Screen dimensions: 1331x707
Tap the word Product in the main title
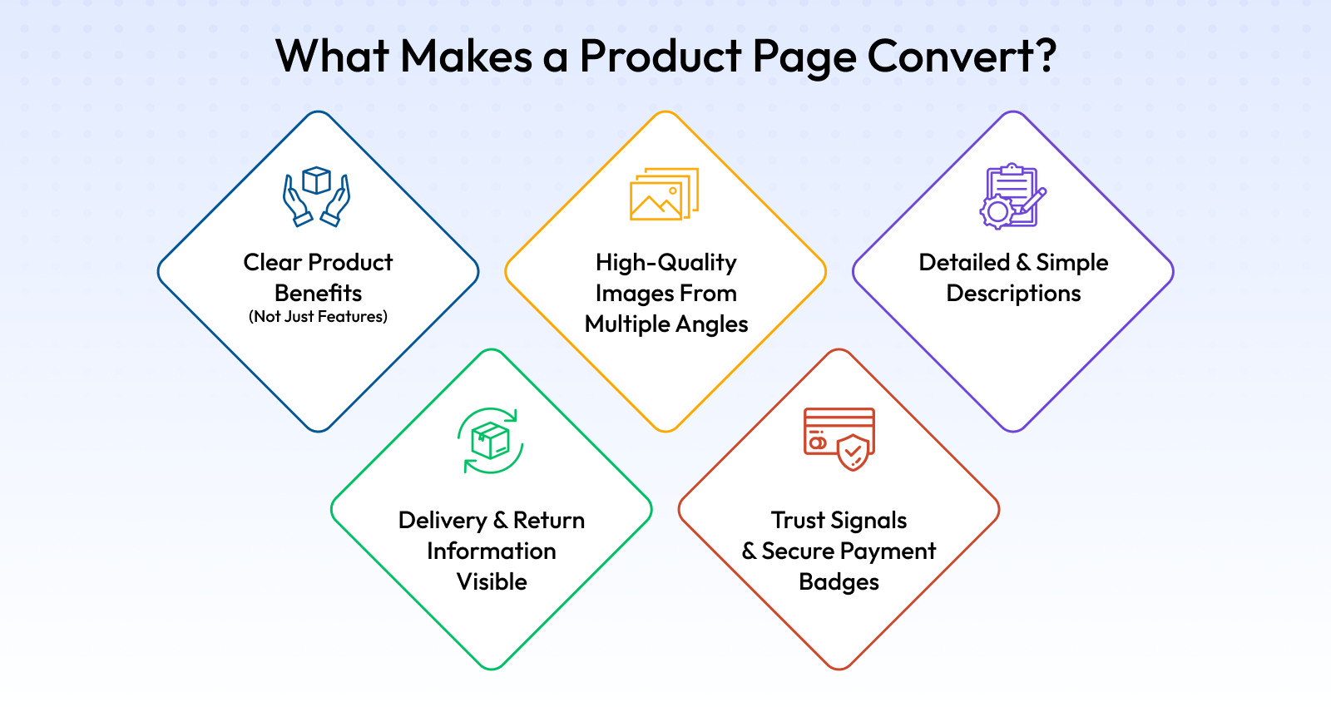[x=661, y=56]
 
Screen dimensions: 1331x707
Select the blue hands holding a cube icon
[x=317, y=196]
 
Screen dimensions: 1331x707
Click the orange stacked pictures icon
[x=665, y=194]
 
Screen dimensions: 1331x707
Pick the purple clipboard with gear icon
[x=1012, y=196]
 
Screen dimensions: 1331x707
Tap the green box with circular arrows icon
[x=491, y=440]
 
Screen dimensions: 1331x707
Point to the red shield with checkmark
[x=854, y=452]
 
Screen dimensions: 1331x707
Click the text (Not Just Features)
[x=318, y=317]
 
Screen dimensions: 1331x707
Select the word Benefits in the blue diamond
[x=318, y=293]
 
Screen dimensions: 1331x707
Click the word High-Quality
[x=666, y=263]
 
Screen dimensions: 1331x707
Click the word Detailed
[x=964, y=262]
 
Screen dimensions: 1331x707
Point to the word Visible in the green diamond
[x=492, y=581]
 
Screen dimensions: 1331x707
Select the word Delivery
[x=443, y=521]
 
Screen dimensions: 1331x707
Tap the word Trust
[x=798, y=521]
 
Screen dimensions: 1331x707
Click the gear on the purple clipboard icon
[x=997, y=211]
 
